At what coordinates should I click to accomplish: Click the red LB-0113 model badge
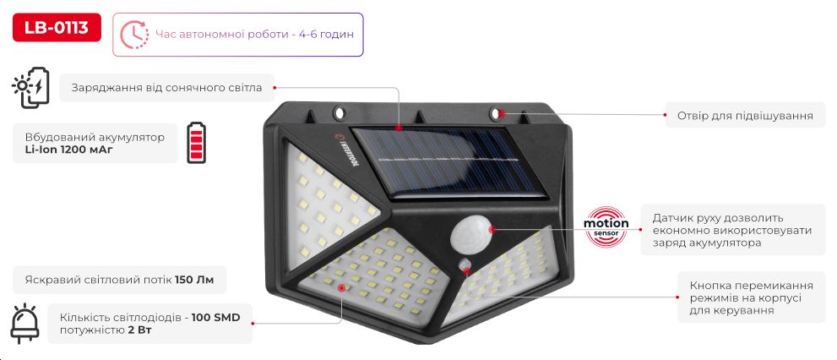(x=57, y=27)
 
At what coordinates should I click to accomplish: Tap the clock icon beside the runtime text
(x=134, y=35)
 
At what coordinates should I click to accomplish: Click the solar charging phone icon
(x=30, y=88)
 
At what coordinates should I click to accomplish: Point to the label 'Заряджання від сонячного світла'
(x=166, y=88)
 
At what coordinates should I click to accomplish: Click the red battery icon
(x=196, y=142)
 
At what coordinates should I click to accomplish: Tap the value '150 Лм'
(x=194, y=280)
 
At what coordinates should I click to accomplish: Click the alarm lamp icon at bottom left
(x=25, y=324)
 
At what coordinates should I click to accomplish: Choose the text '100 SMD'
(x=215, y=319)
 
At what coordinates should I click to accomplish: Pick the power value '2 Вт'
(x=140, y=330)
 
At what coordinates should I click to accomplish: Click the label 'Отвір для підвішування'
(x=745, y=116)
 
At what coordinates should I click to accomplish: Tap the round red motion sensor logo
(x=606, y=226)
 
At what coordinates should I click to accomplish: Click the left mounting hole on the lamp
(x=339, y=112)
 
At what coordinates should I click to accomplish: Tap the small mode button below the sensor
(x=466, y=265)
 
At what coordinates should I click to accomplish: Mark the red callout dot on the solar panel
(x=399, y=128)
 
